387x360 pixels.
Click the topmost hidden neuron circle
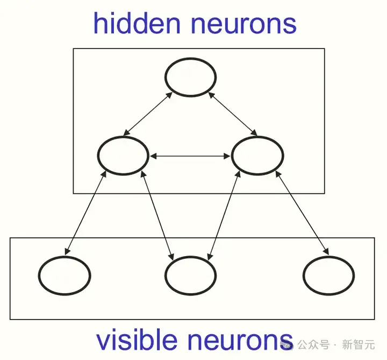pos(190,59)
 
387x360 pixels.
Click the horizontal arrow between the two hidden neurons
pos(190,156)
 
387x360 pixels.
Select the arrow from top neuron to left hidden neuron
pos(148,114)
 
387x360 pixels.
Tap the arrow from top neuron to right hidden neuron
pos(233,114)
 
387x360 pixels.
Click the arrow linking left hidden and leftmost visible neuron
pos(85,213)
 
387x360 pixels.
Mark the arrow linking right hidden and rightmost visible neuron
pos(302,213)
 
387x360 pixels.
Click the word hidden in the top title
pos(137,24)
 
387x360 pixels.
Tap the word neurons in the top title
pos(243,25)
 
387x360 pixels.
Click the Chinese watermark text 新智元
pos(359,344)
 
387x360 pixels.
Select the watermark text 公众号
pos(313,344)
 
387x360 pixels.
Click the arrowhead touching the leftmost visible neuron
pos(67,251)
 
